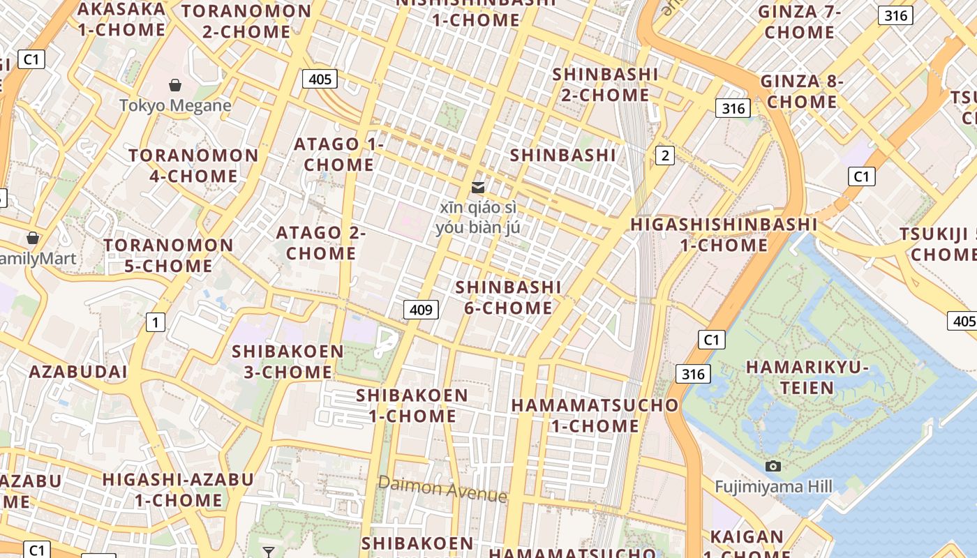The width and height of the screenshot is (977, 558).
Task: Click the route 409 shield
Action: coord(421,309)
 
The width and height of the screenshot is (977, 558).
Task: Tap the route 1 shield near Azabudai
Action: coord(155,322)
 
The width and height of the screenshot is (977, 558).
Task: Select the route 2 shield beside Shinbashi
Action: coord(665,156)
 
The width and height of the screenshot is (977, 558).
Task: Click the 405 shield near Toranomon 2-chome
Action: coord(320,79)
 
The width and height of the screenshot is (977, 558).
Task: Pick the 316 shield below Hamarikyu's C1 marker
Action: coord(693,374)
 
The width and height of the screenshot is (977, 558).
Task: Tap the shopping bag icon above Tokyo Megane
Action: coord(175,85)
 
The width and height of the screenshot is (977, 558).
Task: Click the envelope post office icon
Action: coord(478,187)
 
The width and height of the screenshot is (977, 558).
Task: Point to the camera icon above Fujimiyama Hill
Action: coord(773,466)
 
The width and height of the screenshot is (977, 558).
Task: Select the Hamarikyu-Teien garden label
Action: coord(807,377)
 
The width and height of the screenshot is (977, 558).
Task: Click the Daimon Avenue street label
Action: coord(442,488)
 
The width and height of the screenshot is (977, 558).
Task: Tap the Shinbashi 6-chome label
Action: coord(508,297)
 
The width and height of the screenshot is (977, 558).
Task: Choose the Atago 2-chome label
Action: coord(321,243)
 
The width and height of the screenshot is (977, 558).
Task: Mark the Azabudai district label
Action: coord(78,371)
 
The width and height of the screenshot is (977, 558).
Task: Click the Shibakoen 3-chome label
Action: coord(288,361)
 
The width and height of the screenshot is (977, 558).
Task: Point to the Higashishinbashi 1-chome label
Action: coord(724,234)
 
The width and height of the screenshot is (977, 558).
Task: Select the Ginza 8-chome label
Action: coord(802,91)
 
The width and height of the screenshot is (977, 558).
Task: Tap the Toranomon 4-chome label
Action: coord(193,165)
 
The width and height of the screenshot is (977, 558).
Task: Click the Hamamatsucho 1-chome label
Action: coord(595,415)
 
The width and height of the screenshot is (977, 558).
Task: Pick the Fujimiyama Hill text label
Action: coord(773,486)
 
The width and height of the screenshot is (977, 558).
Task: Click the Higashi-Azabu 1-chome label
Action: coord(178,490)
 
